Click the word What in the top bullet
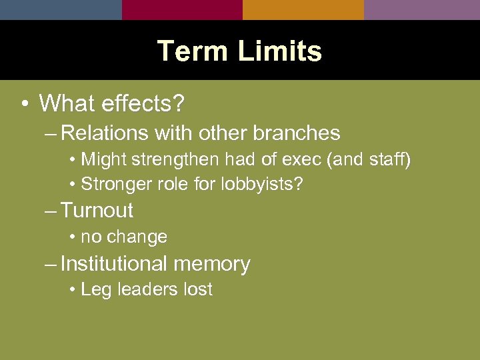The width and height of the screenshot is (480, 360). click(x=68, y=104)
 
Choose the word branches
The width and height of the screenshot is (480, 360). click(x=296, y=133)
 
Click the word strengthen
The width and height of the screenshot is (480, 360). click(x=177, y=160)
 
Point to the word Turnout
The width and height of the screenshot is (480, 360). click(x=97, y=211)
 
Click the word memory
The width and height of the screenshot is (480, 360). click(x=211, y=265)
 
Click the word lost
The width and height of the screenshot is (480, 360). click(x=197, y=289)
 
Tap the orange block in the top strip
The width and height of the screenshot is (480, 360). click(x=303, y=9)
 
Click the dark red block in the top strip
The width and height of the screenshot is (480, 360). click(x=182, y=9)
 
